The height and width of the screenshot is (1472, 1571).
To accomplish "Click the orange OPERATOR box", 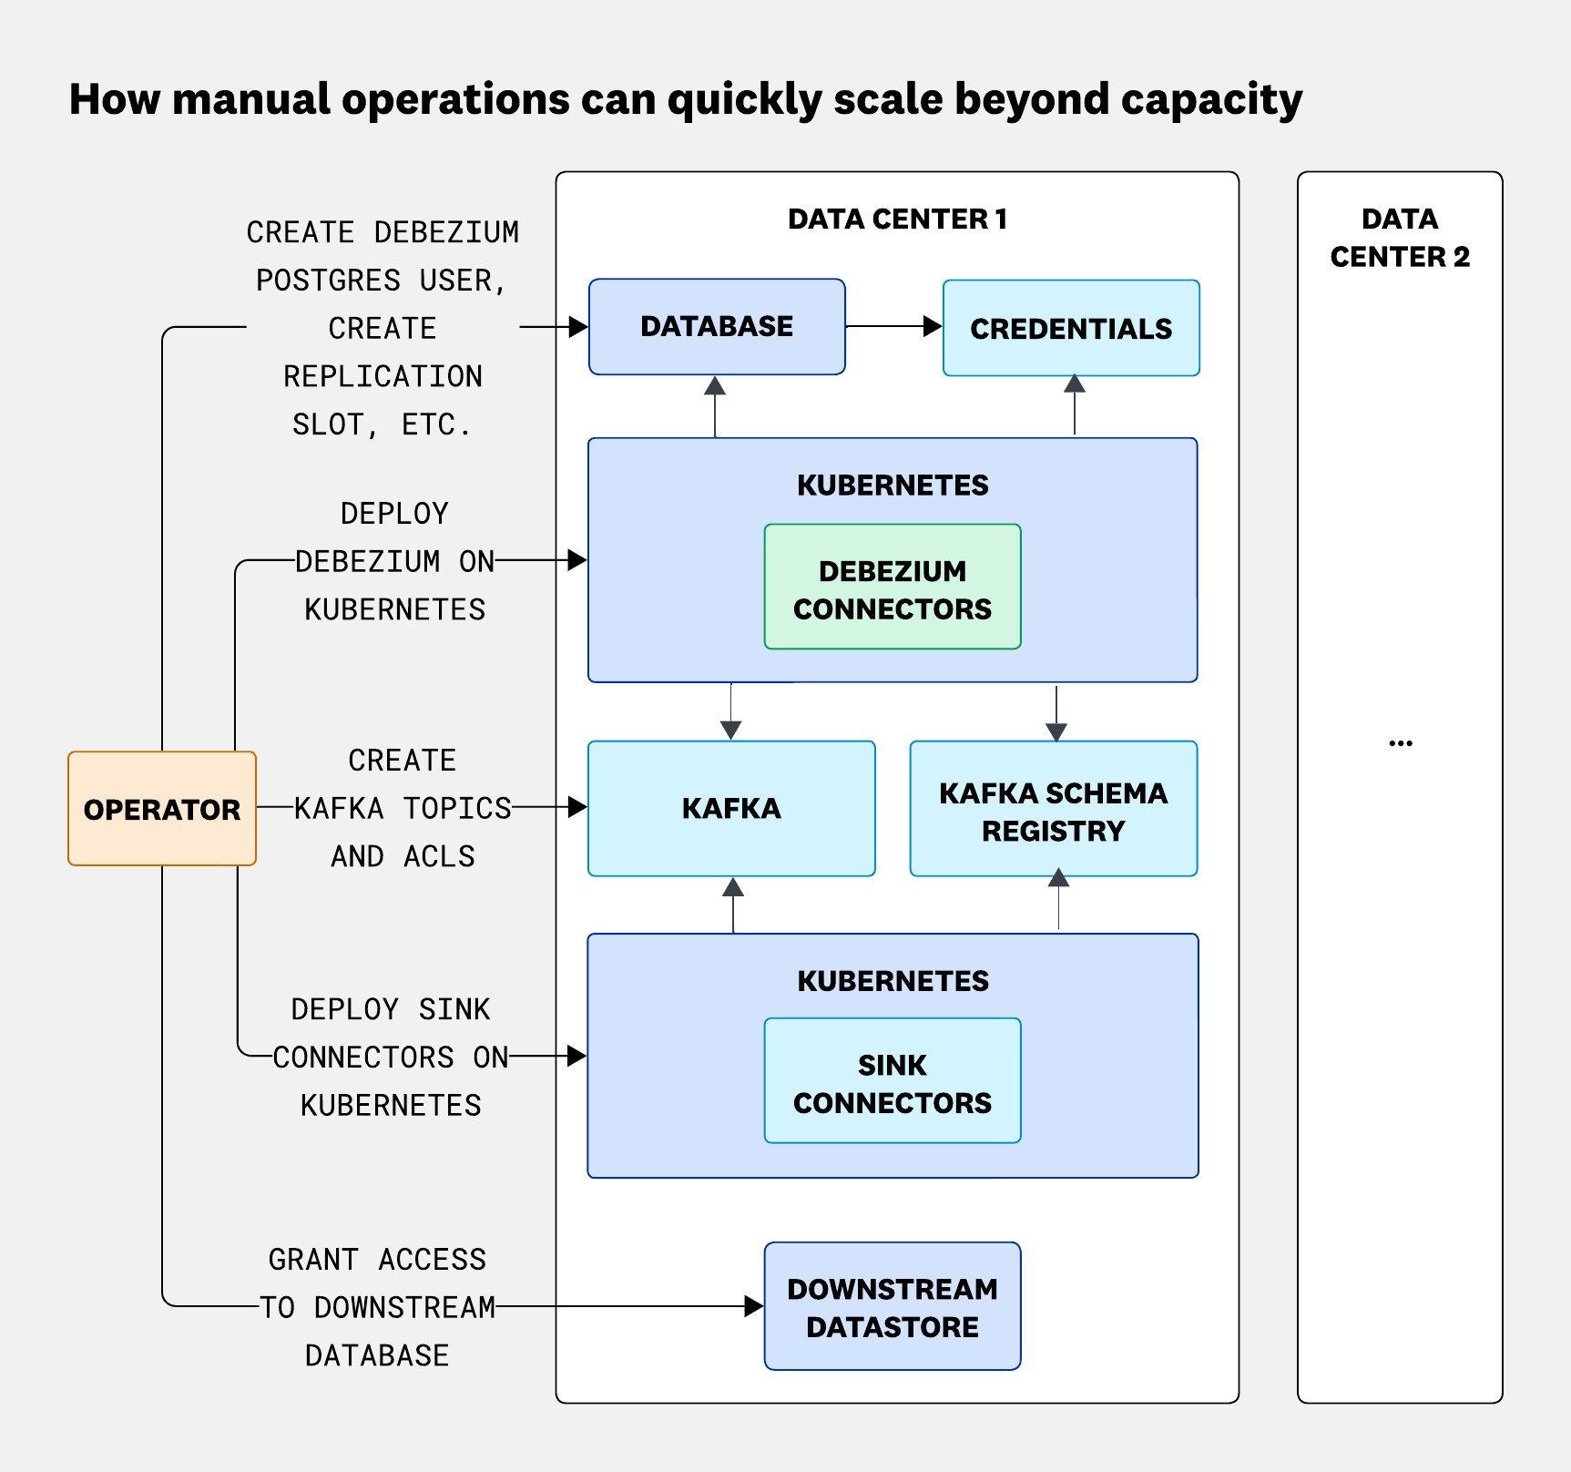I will click(x=161, y=808).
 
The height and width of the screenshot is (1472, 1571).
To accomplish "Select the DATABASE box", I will click(x=716, y=326).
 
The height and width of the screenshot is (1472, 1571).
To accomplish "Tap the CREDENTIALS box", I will click(x=1070, y=328).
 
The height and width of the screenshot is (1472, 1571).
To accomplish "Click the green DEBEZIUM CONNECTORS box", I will click(x=892, y=588).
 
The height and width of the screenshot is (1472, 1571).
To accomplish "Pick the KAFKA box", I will click(x=730, y=808).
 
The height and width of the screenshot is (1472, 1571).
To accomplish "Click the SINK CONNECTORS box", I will click(x=892, y=1082).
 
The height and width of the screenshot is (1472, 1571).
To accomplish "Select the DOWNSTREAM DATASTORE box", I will click(x=892, y=1306).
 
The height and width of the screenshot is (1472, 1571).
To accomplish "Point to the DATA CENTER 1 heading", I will click(x=897, y=219).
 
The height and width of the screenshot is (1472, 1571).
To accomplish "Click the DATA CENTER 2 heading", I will click(x=1399, y=238).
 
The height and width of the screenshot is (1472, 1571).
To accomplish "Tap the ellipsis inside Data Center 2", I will click(x=1400, y=744).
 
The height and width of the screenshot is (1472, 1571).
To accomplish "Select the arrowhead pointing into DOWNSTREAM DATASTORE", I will click(x=753, y=1306).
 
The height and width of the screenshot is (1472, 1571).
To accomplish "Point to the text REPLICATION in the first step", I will click(x=383, y=376).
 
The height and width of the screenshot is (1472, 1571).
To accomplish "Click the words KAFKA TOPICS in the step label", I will click(x=403, y=808).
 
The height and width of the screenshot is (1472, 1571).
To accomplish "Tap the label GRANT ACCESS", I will click(x=377, y=1259).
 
